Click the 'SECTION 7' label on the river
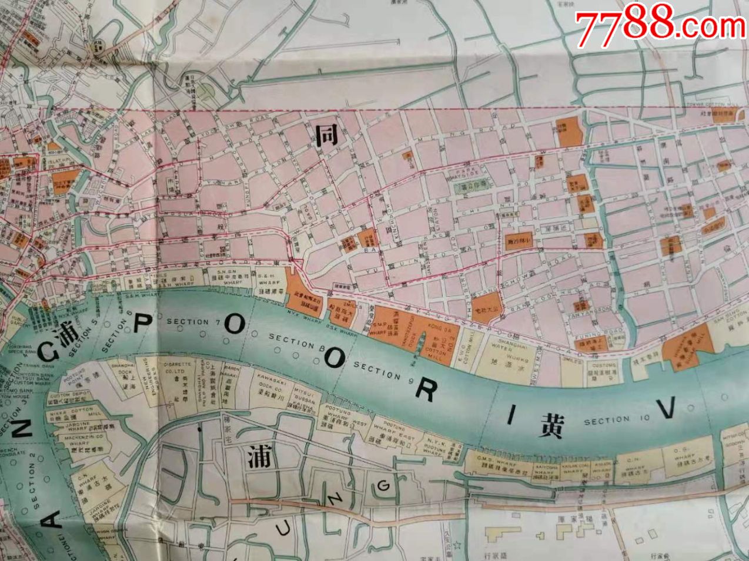[x=187, y=322]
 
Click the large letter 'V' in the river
[x=666, y=409]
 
